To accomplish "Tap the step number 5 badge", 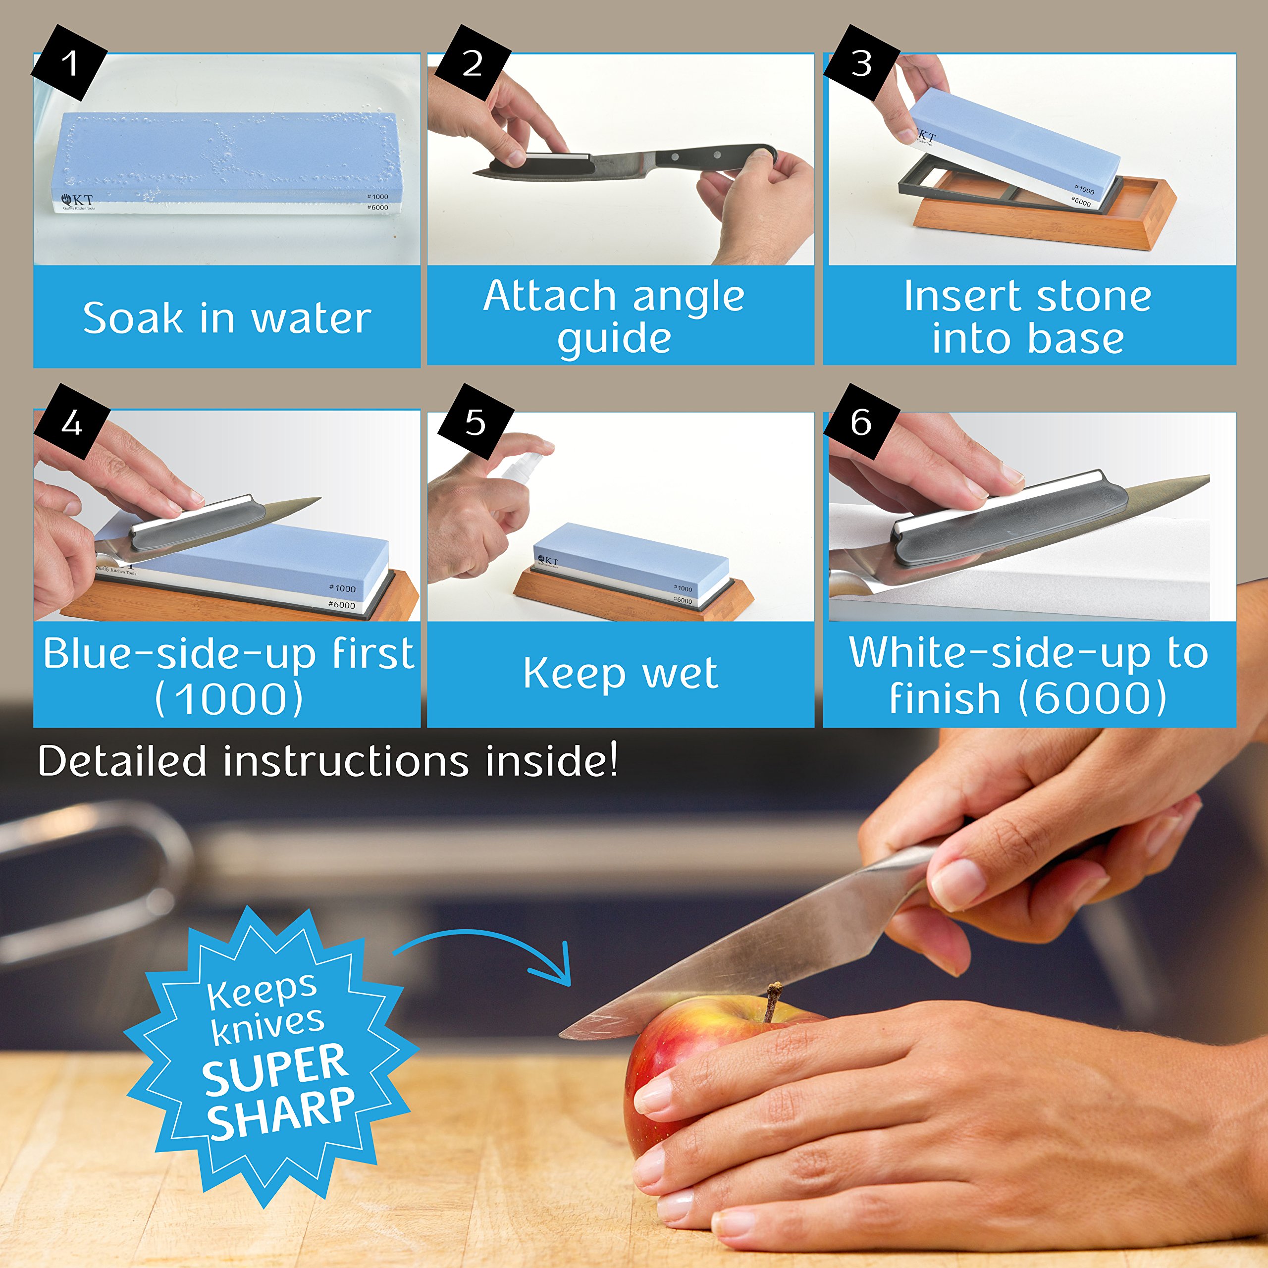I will pos(475,422).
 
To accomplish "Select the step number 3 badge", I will pos(861,63).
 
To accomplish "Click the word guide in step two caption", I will pos(614,339).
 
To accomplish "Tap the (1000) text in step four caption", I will pos(229,698).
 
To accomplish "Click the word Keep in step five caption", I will pos(574,674).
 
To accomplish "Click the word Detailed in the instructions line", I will pos(122,761).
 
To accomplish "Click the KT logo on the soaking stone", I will pos(77,201).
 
